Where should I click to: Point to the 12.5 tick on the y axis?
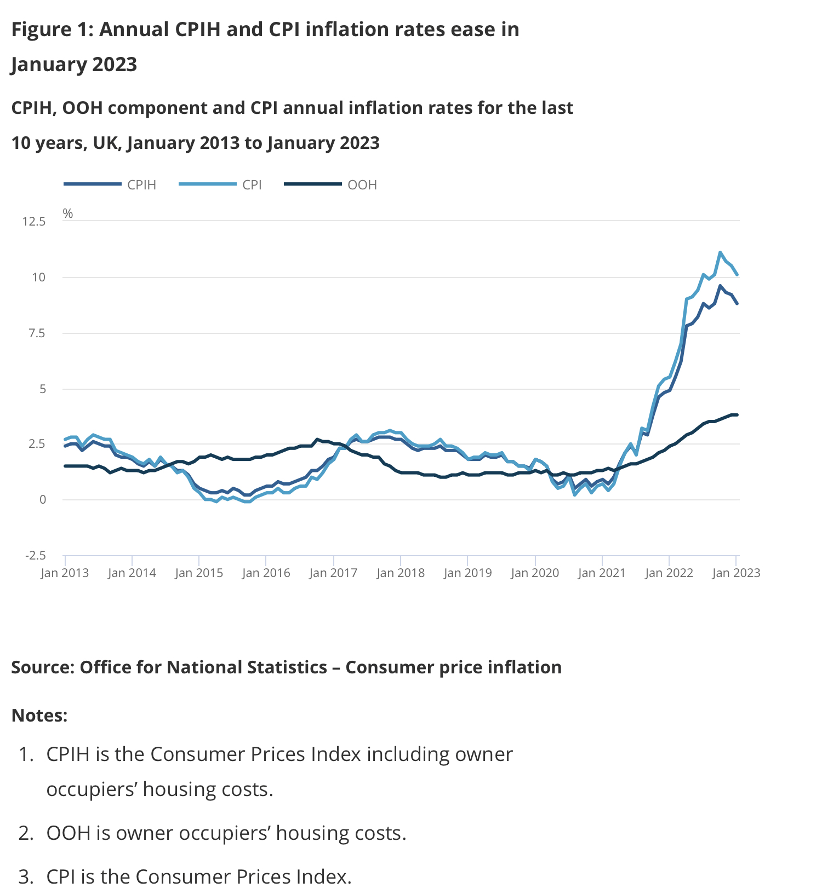pos(34,222)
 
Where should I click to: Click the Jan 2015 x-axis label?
pos(199,573)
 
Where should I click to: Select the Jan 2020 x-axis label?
pos(535,573)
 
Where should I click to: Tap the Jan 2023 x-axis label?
pos(736,573)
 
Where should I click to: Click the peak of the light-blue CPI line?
pos(720,252)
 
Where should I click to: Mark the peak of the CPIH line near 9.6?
pos(720,286)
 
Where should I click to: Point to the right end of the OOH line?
pos(737,415)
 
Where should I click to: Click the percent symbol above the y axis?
pos(68,214)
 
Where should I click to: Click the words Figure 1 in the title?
pos(52,30)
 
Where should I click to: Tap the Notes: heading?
pos(39,716)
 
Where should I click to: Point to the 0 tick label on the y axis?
pos(42,500)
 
